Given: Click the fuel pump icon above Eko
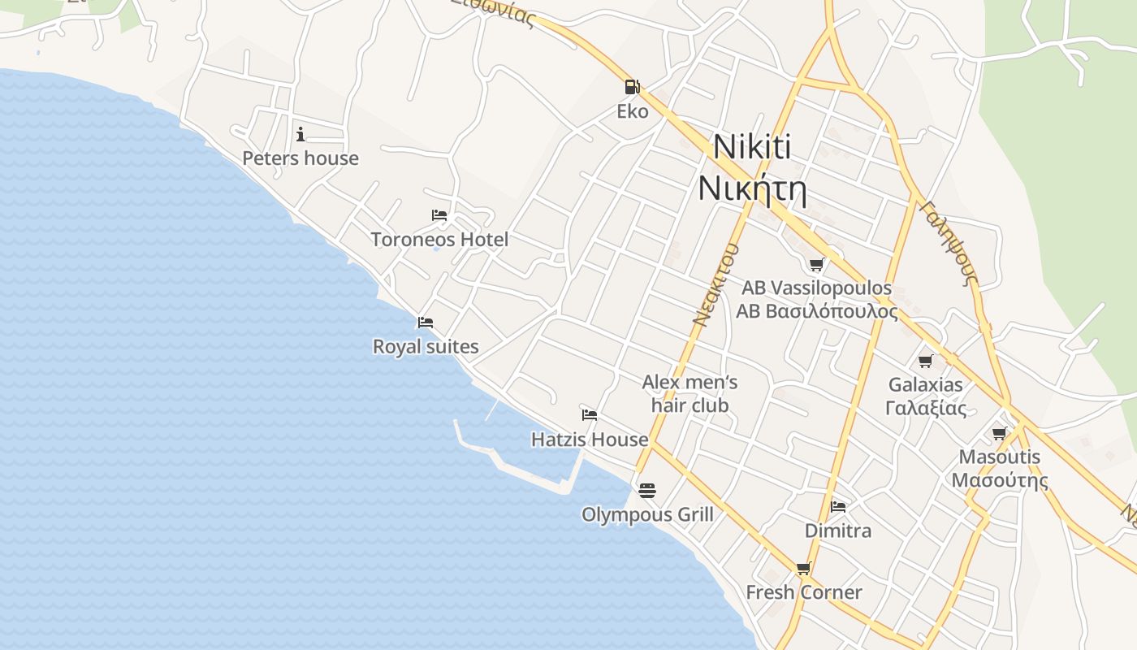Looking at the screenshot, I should pos(632,87).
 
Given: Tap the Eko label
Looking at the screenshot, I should pos(633,111).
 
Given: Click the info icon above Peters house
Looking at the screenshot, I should pos(300,134).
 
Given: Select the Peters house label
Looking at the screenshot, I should pos(300,158).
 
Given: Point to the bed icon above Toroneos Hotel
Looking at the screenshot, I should pos(439,215).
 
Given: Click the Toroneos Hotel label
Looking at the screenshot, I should pos(439,240).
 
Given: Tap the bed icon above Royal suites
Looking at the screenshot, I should pos(426,323).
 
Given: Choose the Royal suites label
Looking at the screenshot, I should pos(426,347).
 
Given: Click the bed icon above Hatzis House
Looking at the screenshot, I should pos(590,415).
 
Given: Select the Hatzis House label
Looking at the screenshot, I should pos(590,440).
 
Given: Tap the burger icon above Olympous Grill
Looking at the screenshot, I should pos(647,491).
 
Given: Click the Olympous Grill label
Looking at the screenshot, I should pos(647,515).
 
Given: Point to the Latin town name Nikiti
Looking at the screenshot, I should pos(752,148).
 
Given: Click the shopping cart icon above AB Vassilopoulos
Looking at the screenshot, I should pos(817,264).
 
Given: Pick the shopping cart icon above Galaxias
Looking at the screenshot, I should pos(926,361).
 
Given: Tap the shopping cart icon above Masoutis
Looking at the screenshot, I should pos(1000,433).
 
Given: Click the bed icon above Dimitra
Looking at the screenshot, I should pos(838,507).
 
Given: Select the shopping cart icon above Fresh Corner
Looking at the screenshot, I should pos(804,569).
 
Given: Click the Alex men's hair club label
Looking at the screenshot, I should pos(690,393).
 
